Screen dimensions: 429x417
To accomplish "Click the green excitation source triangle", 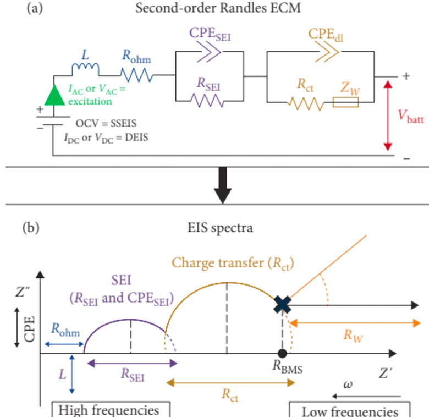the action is tap(54, 96).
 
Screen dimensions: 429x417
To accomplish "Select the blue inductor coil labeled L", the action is tap(85, 69).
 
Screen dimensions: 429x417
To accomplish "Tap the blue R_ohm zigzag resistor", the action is tap(137, 75).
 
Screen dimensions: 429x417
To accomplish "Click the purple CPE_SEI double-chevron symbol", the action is tap(209, 52).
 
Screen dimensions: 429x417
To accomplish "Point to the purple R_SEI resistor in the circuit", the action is tap(207, 101).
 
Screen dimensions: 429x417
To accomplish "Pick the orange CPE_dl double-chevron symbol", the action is tap(327, 52).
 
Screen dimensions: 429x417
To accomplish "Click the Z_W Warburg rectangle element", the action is tap(345, 102).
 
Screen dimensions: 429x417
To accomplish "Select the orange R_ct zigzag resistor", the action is tap(306, 103).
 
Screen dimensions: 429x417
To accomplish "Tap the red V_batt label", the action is tap(411, 117).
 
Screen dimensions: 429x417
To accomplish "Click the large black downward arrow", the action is tap(223, 185).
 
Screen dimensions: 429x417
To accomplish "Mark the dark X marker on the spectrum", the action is tap(282, 305).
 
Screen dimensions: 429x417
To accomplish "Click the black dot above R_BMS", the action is tap(282, 354).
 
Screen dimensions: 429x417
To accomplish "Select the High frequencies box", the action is tap(111, 409).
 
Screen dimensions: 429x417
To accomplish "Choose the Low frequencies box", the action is tap(350, 409).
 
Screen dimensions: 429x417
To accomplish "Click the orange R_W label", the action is tap(353, 336).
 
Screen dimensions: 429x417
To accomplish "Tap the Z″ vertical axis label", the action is tap(22, 292).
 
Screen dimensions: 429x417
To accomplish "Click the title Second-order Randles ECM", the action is tap(218, 8).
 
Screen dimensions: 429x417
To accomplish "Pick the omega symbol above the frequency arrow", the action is tap(348, 385).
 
